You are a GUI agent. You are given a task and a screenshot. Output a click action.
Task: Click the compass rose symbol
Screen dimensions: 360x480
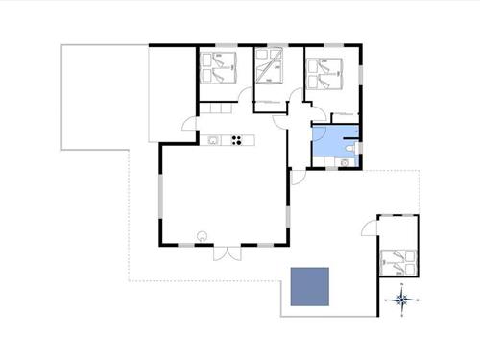404,300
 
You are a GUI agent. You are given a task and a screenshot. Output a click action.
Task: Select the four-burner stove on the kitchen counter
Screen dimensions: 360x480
234,140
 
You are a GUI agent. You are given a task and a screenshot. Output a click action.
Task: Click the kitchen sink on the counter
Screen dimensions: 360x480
213,140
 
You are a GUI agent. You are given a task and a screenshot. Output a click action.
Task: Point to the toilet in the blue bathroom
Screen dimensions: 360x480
352,149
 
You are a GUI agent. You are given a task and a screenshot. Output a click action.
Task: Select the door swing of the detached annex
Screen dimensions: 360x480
369,228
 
